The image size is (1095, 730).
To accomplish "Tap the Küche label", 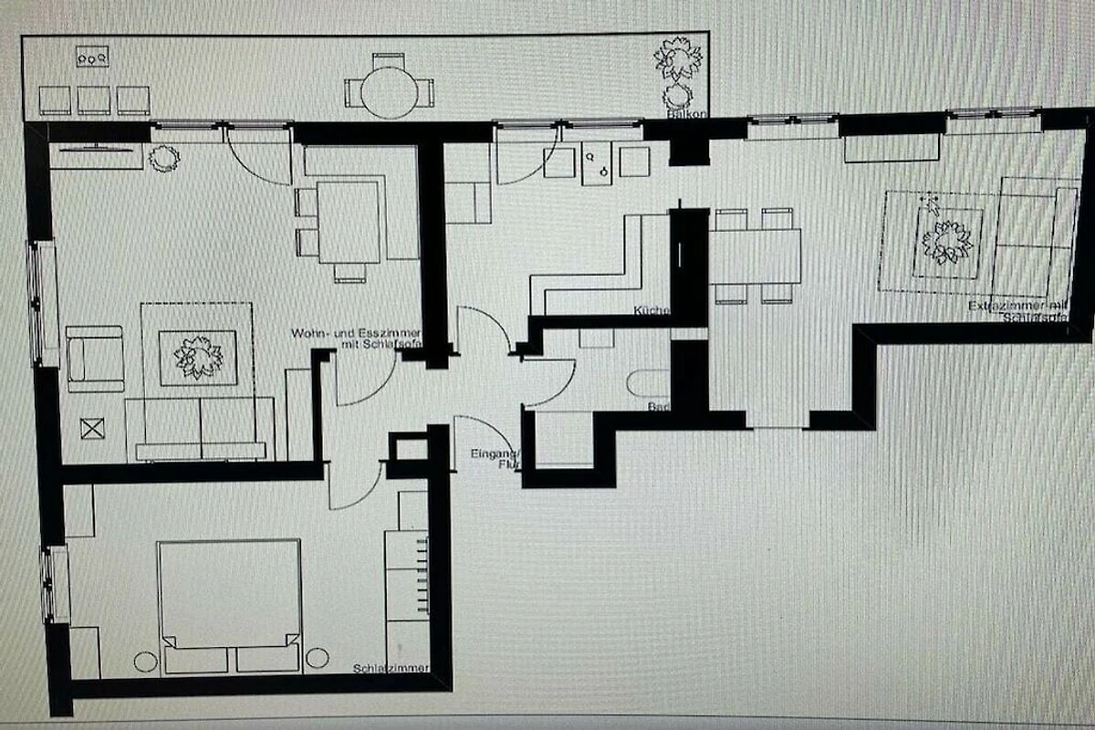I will point(652,311).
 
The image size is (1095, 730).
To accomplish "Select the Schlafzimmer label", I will point(391,670).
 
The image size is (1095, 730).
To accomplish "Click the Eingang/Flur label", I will point(495,459).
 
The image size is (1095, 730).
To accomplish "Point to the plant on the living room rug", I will point(198,357).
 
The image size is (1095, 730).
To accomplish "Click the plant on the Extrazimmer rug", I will point(946,242).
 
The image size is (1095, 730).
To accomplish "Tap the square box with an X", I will point(91,428).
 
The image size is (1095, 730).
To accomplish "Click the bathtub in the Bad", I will point(649,383).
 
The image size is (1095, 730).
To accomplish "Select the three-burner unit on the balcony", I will point(93,57).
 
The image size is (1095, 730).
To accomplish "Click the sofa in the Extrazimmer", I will point(1033,235).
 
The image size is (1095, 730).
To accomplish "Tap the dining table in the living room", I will point(349,222).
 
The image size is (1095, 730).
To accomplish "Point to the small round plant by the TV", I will point(164,159).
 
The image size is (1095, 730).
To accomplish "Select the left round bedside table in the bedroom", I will point(146,661).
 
